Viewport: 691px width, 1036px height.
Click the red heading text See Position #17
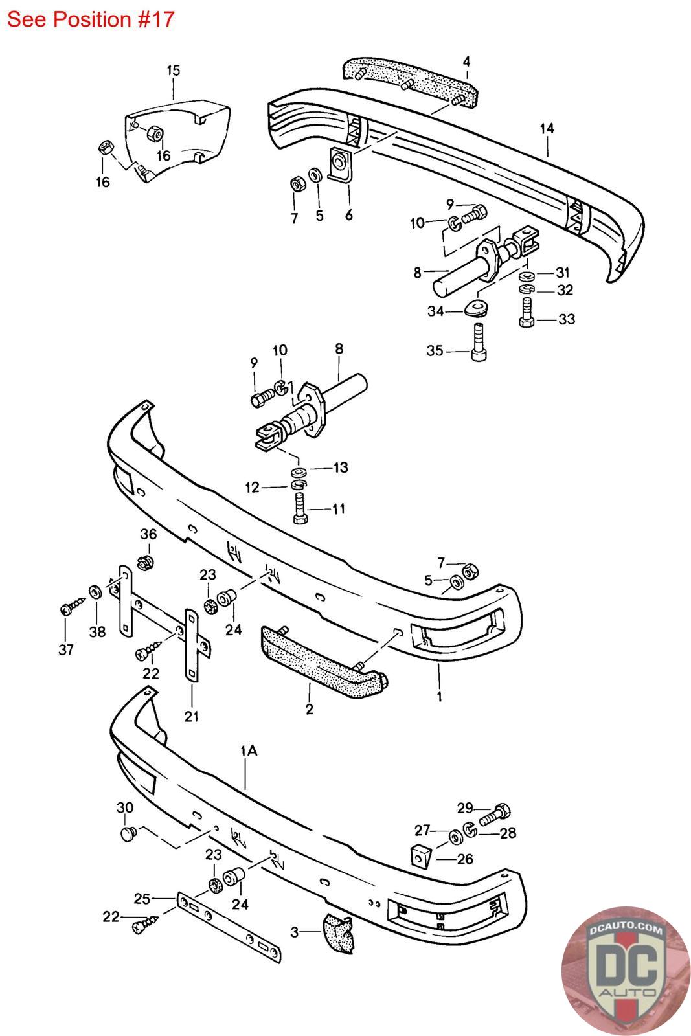tap(91, 19)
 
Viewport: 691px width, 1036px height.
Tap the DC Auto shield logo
tap(626, 971)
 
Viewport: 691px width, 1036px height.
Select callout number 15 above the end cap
tap(174, 71)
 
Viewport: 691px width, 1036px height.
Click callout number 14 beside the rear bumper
tap(547, 128)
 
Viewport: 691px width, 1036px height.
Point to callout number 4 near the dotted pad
tap(467, 62)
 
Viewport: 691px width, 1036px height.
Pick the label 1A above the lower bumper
tap(249, 750)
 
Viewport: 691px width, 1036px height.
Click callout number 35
tap(435, 350)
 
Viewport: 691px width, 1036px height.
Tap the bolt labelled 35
tap(479, 342)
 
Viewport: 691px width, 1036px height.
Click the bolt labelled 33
tap(527, 313)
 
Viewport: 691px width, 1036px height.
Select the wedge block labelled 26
tap(420, 855)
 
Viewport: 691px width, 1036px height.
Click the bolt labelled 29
tap(495, 815)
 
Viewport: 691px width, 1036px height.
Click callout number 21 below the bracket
tap(192, 716)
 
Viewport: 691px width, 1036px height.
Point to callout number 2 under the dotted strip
tap(310, 708)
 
